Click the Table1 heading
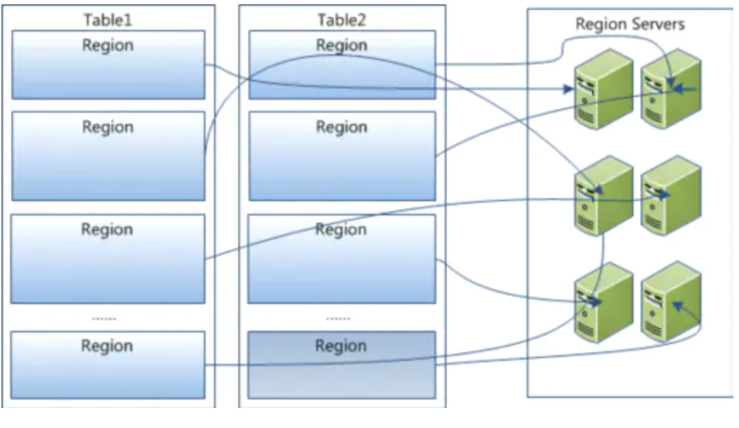(108, 19)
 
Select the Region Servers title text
(630, 24)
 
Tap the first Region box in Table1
(108, 64)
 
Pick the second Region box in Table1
(108, 156)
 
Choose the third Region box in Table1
(108, 258)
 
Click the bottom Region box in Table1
(108, 364)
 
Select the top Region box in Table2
(342, 64)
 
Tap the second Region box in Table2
(342, 156)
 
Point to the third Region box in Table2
(342, 258)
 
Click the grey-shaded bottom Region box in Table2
(342, 364)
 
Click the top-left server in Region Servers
(603, 88)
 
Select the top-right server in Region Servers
(670, 88)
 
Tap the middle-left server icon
(603, 195)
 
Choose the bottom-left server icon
(603, 302)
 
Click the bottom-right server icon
(670, 302)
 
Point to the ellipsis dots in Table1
(104, 319)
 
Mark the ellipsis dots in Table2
(338, 319)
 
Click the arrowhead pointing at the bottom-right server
(677, 305)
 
